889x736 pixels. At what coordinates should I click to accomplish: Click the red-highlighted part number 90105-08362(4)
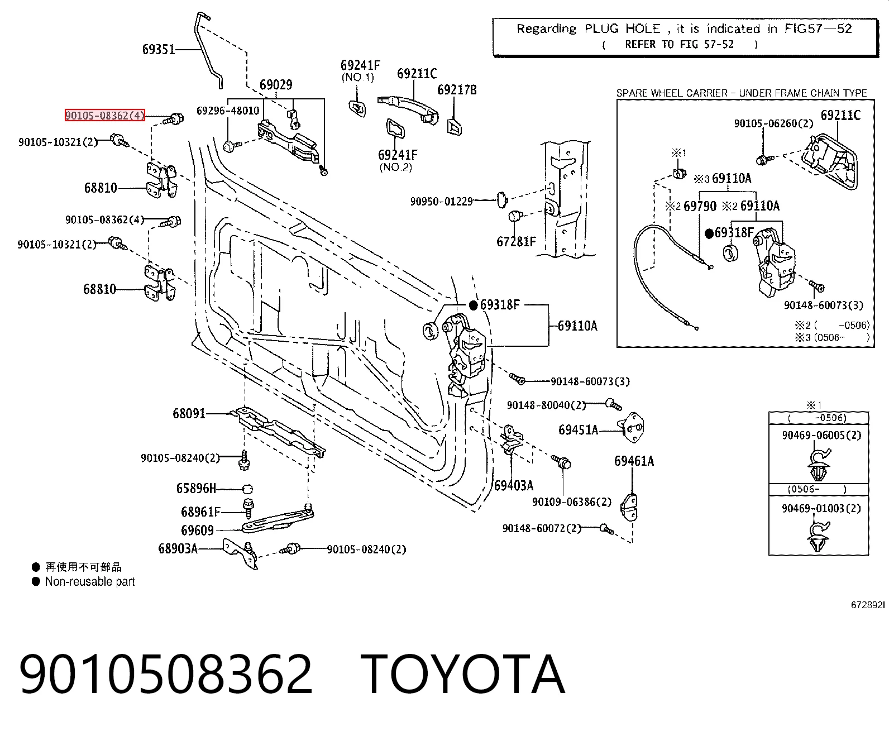[105, 115]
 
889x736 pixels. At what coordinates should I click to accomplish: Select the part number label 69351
[159, 49]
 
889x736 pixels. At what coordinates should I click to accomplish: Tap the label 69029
[276, 85]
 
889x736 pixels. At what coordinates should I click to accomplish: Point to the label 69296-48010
[228, 111]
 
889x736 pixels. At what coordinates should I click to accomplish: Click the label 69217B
[457, 90]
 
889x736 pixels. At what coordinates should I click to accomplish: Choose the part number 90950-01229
[442, 201]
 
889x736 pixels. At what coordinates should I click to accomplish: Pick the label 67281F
[516, 241]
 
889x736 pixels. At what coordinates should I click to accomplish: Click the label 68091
[189, 413]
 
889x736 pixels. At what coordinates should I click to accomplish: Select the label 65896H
[196, 488]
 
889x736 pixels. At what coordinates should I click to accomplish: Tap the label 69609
[198, 531]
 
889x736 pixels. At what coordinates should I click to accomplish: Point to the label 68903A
[178, 548]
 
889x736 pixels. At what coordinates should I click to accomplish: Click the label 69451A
[579, 430]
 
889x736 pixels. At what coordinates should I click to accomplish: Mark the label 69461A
[634, 461]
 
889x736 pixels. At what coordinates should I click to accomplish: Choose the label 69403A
[514, 485]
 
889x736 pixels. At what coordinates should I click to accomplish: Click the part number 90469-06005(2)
[821, 435]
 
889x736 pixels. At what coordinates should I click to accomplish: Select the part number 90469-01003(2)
[821, 508]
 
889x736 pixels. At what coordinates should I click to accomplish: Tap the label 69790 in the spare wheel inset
[700, 206]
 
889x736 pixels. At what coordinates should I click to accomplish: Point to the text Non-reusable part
[90, 581]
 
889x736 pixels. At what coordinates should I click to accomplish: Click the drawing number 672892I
[868, 605]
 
